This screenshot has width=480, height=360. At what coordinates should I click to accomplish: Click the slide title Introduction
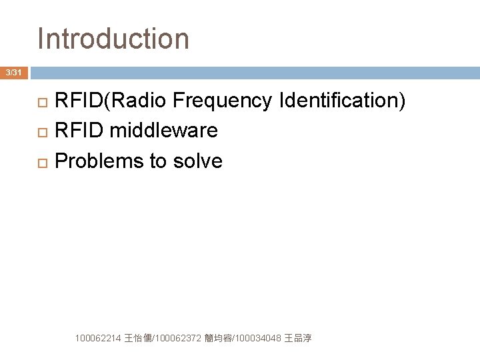tap(113, 39)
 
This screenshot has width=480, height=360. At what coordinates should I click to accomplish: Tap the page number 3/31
tap(13, 72)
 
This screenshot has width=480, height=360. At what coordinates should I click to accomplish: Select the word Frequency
tap(222, 101)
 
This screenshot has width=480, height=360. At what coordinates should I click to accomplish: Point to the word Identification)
tap(343, 101)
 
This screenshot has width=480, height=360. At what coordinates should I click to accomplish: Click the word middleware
tap(163, 131)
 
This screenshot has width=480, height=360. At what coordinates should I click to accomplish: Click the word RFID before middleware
tap(79, 131)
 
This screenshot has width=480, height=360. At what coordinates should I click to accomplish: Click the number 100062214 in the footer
tap(99, 339)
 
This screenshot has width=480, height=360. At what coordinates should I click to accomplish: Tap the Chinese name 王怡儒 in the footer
tap(137, 339)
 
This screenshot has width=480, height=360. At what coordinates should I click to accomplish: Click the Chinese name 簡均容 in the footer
tap(219, 339)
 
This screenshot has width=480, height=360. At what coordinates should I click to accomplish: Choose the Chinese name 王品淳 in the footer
tap(298, 339)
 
